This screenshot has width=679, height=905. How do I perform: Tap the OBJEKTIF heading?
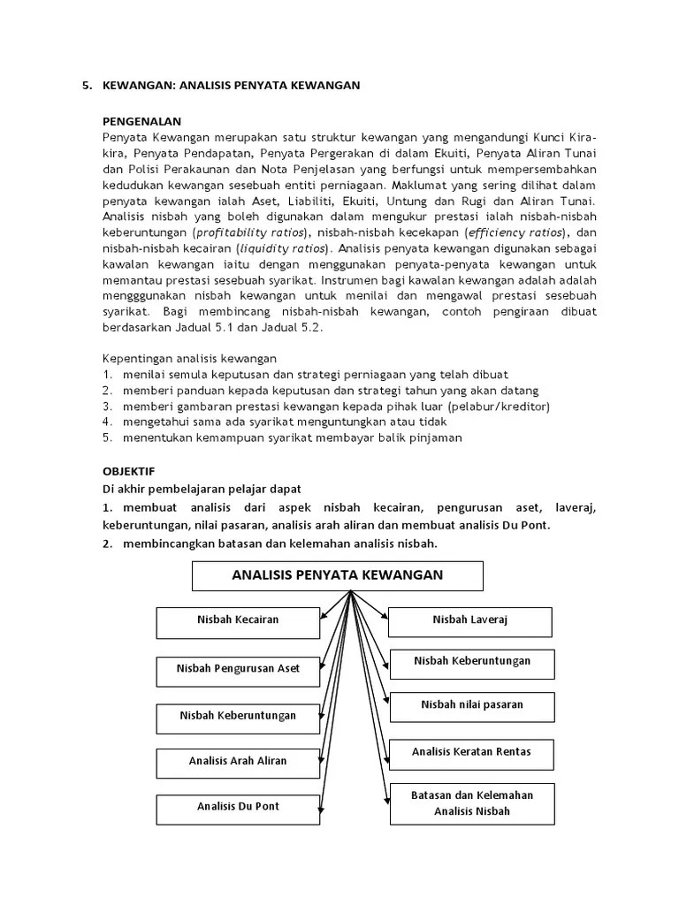[x=128, y=471]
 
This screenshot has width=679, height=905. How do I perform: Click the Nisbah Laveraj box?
[x=470, y=621]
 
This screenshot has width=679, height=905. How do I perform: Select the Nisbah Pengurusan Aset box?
[x=238, y=669]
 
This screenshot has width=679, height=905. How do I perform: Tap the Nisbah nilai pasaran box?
[x=472, y=705]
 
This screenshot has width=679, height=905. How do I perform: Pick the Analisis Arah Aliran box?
[x=238, y=761]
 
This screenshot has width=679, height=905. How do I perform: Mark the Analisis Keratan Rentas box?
[x=472, y=753]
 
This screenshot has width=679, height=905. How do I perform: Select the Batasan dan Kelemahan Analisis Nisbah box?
[x=472, y=802]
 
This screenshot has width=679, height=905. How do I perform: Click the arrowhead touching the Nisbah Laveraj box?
[x=384, y=619]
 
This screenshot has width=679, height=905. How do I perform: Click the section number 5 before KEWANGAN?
[x=86, y=86]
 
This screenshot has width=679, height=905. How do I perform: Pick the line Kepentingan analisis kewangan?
[x=190, y=359]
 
